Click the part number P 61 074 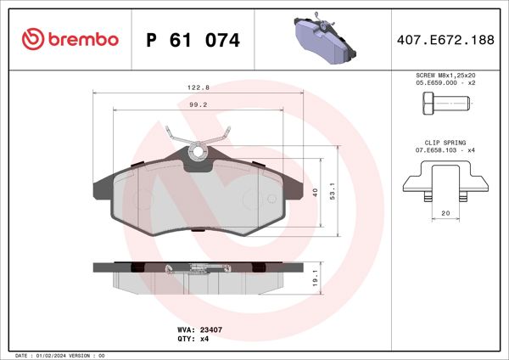pos(193,40)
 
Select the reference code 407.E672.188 pos(446,40)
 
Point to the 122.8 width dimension pos(199,87)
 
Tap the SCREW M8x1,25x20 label pos(446,76)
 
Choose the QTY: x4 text pos(193,338)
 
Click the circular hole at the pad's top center pos(199,152)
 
